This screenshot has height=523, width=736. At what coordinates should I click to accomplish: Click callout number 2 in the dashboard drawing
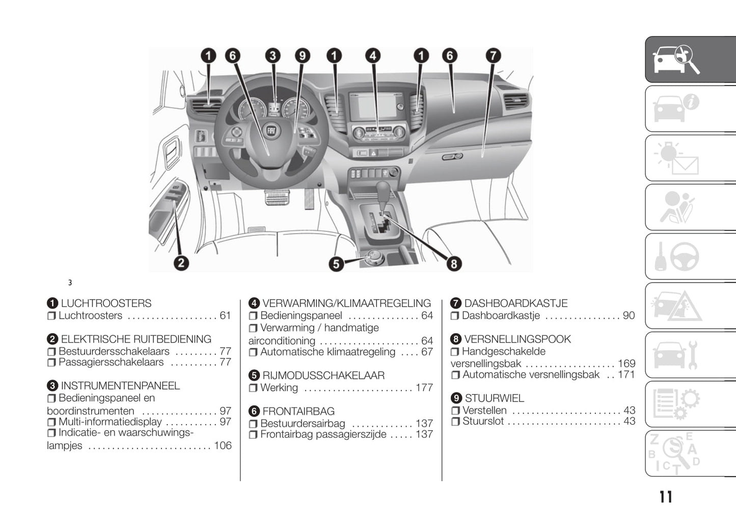(181, 263)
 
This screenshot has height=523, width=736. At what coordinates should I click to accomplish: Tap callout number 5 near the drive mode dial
(336, 264)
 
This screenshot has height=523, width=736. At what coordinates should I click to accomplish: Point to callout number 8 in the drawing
(453, 264)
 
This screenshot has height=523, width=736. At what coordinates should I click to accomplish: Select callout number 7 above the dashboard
(493, 56)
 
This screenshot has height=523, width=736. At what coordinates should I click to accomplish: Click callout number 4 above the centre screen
(373, 56)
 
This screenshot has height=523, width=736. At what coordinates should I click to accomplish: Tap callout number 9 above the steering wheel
(302, 56)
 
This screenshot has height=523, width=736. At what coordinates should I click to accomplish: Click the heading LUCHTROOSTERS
(106, 303)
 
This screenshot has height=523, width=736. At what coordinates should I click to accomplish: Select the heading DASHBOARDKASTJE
(515, 303)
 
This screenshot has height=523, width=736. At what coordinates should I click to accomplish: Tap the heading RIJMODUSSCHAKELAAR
(323, 376)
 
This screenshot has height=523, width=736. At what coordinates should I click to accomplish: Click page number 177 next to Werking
(424, 388)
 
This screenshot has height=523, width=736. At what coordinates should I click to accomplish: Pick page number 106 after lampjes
(223, 446)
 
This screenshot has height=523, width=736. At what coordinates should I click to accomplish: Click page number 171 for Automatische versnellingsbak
(626, 375)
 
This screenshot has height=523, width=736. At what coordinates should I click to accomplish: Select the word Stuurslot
(483, 421)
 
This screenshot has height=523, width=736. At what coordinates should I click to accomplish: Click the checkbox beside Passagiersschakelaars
(51, 363)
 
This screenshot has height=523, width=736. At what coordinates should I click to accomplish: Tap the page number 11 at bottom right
(665, 497)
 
